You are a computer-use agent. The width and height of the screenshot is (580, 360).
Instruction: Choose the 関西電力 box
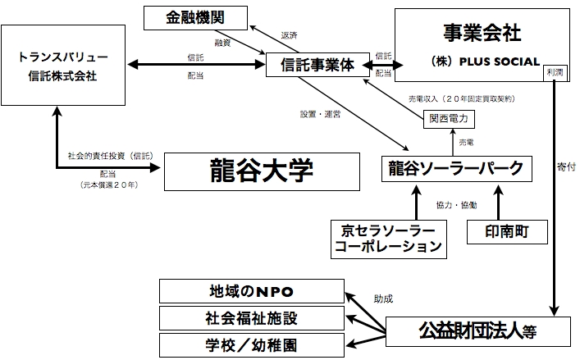[x=449, y=118]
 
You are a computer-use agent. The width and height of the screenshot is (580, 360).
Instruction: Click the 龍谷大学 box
[x=263, y=171]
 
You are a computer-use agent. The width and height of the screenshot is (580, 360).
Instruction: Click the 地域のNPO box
[x=249, y=291]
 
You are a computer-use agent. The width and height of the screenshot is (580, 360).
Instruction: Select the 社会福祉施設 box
[x=249, y=317]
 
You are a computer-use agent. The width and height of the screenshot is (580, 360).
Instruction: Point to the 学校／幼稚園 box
[x=249, y=343]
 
